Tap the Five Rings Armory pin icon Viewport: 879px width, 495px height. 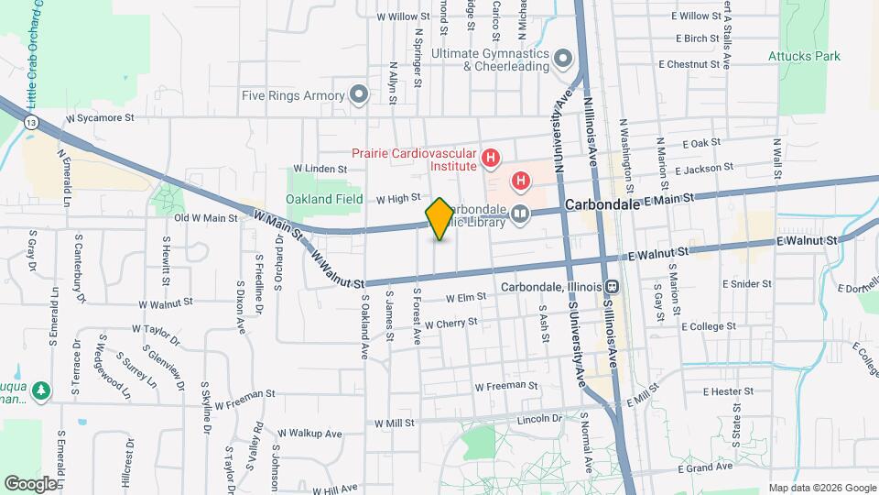(359, 94)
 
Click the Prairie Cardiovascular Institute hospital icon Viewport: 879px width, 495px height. (491, 159)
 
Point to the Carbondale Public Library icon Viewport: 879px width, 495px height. (520, 214)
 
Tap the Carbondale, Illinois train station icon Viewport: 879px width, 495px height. (612, 286)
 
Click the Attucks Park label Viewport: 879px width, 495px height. (804, 56)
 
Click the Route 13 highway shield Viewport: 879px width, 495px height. (32, 121)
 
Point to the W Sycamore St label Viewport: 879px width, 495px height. (100, 118)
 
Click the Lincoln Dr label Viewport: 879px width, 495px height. (537, 418)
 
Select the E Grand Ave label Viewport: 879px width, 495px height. (706, 467)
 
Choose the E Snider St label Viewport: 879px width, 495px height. (746, 284)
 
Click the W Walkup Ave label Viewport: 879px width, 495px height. (309, 434)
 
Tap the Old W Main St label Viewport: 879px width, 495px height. (206, 218)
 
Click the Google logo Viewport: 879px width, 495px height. (30, 483)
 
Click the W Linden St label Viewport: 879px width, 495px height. (320, 169)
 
